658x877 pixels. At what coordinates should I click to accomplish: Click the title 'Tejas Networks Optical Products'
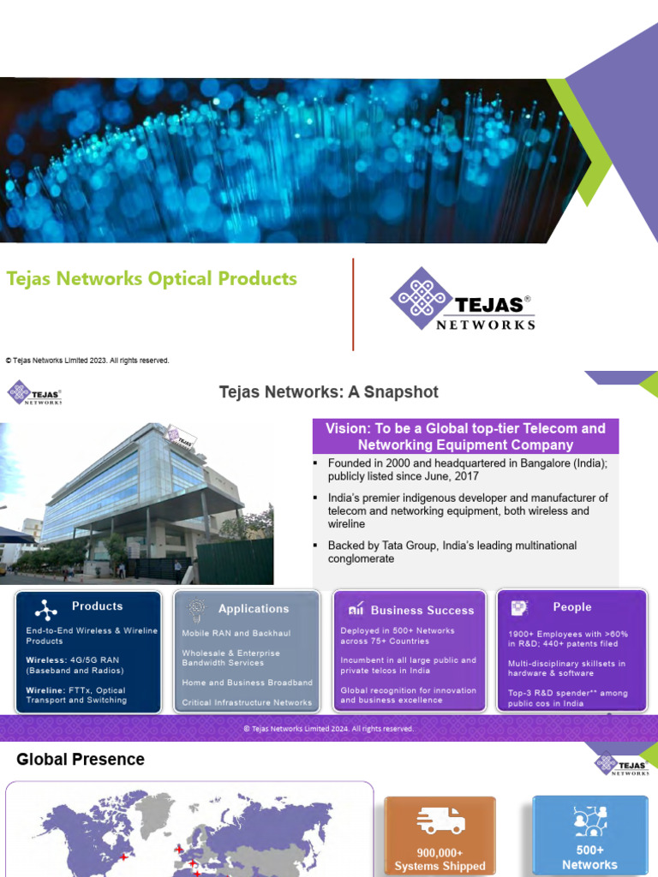click(152, 278)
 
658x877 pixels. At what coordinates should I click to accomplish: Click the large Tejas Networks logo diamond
click(419, 298)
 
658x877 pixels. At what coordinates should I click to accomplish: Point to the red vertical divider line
click(353, 304)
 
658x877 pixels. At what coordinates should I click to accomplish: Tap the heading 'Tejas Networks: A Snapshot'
click(328, 392)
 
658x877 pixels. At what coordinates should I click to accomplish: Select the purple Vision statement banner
click(465, 436)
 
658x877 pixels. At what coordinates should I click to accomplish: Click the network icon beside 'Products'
click(45, 609)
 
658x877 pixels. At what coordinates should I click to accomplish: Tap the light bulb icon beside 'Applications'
click(197, 608)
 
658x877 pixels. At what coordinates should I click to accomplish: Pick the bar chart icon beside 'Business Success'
click(356, 610)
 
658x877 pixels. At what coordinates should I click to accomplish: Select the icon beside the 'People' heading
click(519, 607)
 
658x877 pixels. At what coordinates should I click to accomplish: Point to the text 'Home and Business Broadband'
click(247, 683)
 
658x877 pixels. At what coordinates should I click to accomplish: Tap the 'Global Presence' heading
click(81, 759)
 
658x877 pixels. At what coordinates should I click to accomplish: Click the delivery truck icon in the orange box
click(440, 821)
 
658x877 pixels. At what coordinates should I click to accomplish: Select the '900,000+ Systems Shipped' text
click(440, 859)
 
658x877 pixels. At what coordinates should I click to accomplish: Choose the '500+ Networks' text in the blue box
click(589, 857)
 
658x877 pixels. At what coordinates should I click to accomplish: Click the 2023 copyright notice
click(87, 361)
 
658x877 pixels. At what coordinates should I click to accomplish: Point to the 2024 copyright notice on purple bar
click(328, 729)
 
